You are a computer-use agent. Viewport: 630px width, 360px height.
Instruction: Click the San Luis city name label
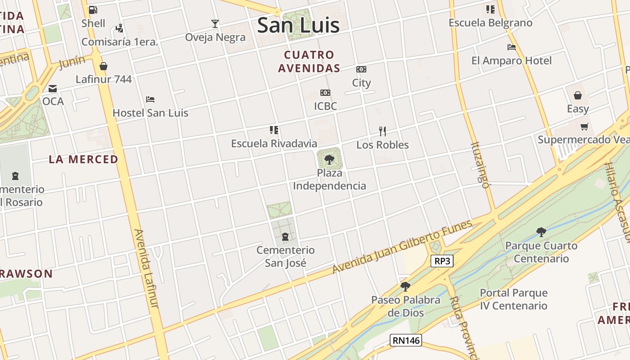coord(298,25)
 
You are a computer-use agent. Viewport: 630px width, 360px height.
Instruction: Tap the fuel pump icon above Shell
coord(93,9)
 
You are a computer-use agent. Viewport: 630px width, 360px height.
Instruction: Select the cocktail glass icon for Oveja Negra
coord(215,23)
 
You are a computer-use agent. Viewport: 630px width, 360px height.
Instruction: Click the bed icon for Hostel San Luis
coord(150,99)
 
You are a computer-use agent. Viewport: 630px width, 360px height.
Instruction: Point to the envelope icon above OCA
coord(53,88)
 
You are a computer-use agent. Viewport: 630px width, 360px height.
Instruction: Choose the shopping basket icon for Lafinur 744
coord(103,66)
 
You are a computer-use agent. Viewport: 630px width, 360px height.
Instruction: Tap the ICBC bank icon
coord(325,93)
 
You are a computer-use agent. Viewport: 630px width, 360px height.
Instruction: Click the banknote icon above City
coord(361,69)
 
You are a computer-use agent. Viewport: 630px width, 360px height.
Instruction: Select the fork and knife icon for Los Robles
coord(382,131)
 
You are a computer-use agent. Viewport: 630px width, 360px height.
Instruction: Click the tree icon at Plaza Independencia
coord(329,159)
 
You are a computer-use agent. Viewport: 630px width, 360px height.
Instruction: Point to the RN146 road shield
coord(406,340)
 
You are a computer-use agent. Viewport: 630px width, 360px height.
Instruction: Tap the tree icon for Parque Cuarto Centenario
coord(541,232)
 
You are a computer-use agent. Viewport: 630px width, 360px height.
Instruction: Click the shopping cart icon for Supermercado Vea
coord(584,126)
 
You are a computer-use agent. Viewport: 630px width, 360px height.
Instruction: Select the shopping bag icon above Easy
coord(578,95)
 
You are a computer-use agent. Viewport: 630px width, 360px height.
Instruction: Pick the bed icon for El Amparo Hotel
coord(512,47)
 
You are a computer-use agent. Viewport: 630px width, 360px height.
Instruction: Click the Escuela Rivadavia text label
coord(274,144)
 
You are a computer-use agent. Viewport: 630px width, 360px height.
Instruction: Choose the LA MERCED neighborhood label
coord(84,159)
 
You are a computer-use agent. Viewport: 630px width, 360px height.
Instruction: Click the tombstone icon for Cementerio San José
coord(285,237)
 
